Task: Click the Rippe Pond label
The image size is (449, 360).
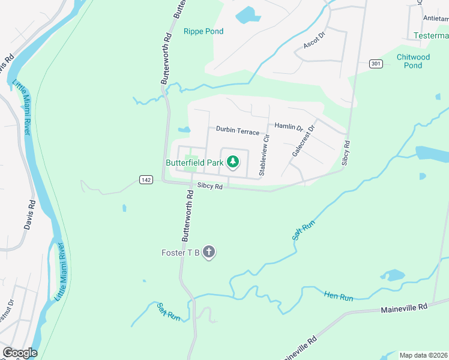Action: tap(203, 31)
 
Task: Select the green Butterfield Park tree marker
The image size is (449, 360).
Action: tap(232, 161)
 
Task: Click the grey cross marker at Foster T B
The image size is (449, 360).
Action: tap(209, 252)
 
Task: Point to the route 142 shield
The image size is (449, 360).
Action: tap(145, 179)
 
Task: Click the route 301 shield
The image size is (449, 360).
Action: tap(376, 64)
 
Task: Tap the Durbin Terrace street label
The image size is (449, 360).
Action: tap(238, 131)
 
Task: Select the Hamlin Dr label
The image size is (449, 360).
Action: tap(288, 127)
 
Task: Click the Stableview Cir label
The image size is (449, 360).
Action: tap(264, 155)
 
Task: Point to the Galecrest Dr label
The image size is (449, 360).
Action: tap(303, 142)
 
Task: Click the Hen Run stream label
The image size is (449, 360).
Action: tap(339, 296)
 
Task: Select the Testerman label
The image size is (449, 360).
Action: tap(431, 36)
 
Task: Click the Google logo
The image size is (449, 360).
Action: tap(19, 353)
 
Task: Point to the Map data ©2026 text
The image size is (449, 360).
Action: tap(423, 355)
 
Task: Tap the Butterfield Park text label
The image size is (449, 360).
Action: tap(194, 162)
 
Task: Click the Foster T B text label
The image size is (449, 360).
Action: tap(180, 253)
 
